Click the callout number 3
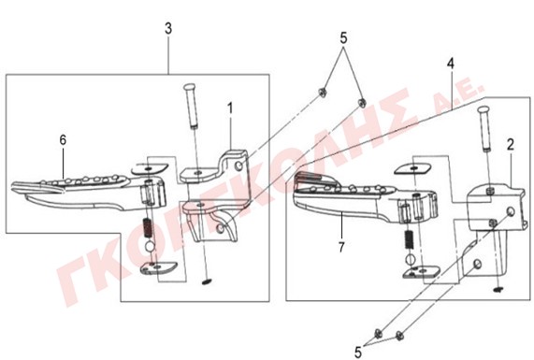[x=168, y=29]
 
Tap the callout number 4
[x=451, y=64]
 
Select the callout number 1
[x=231, y=108]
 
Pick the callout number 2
[x=511, y=145]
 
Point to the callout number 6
[x=63, y=140]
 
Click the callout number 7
[x=341, y=247]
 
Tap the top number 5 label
[x=343, y=37]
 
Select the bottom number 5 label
[x=358, y=353]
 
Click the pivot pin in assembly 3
[x=192, y=106]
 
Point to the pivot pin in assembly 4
[x=485, y=128]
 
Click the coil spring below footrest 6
[x=148, y=227]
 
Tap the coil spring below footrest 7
[x=409, y=239]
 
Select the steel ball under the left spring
[x=150, y=246]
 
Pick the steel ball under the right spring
[x=411, y=259]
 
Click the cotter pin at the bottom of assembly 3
[x=207, y=281]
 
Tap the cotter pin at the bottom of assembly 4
[x=498, y=290]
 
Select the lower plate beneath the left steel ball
[x=158, y=267]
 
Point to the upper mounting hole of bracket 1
[x=239, y=166]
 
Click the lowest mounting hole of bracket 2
[x=478, y=263]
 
